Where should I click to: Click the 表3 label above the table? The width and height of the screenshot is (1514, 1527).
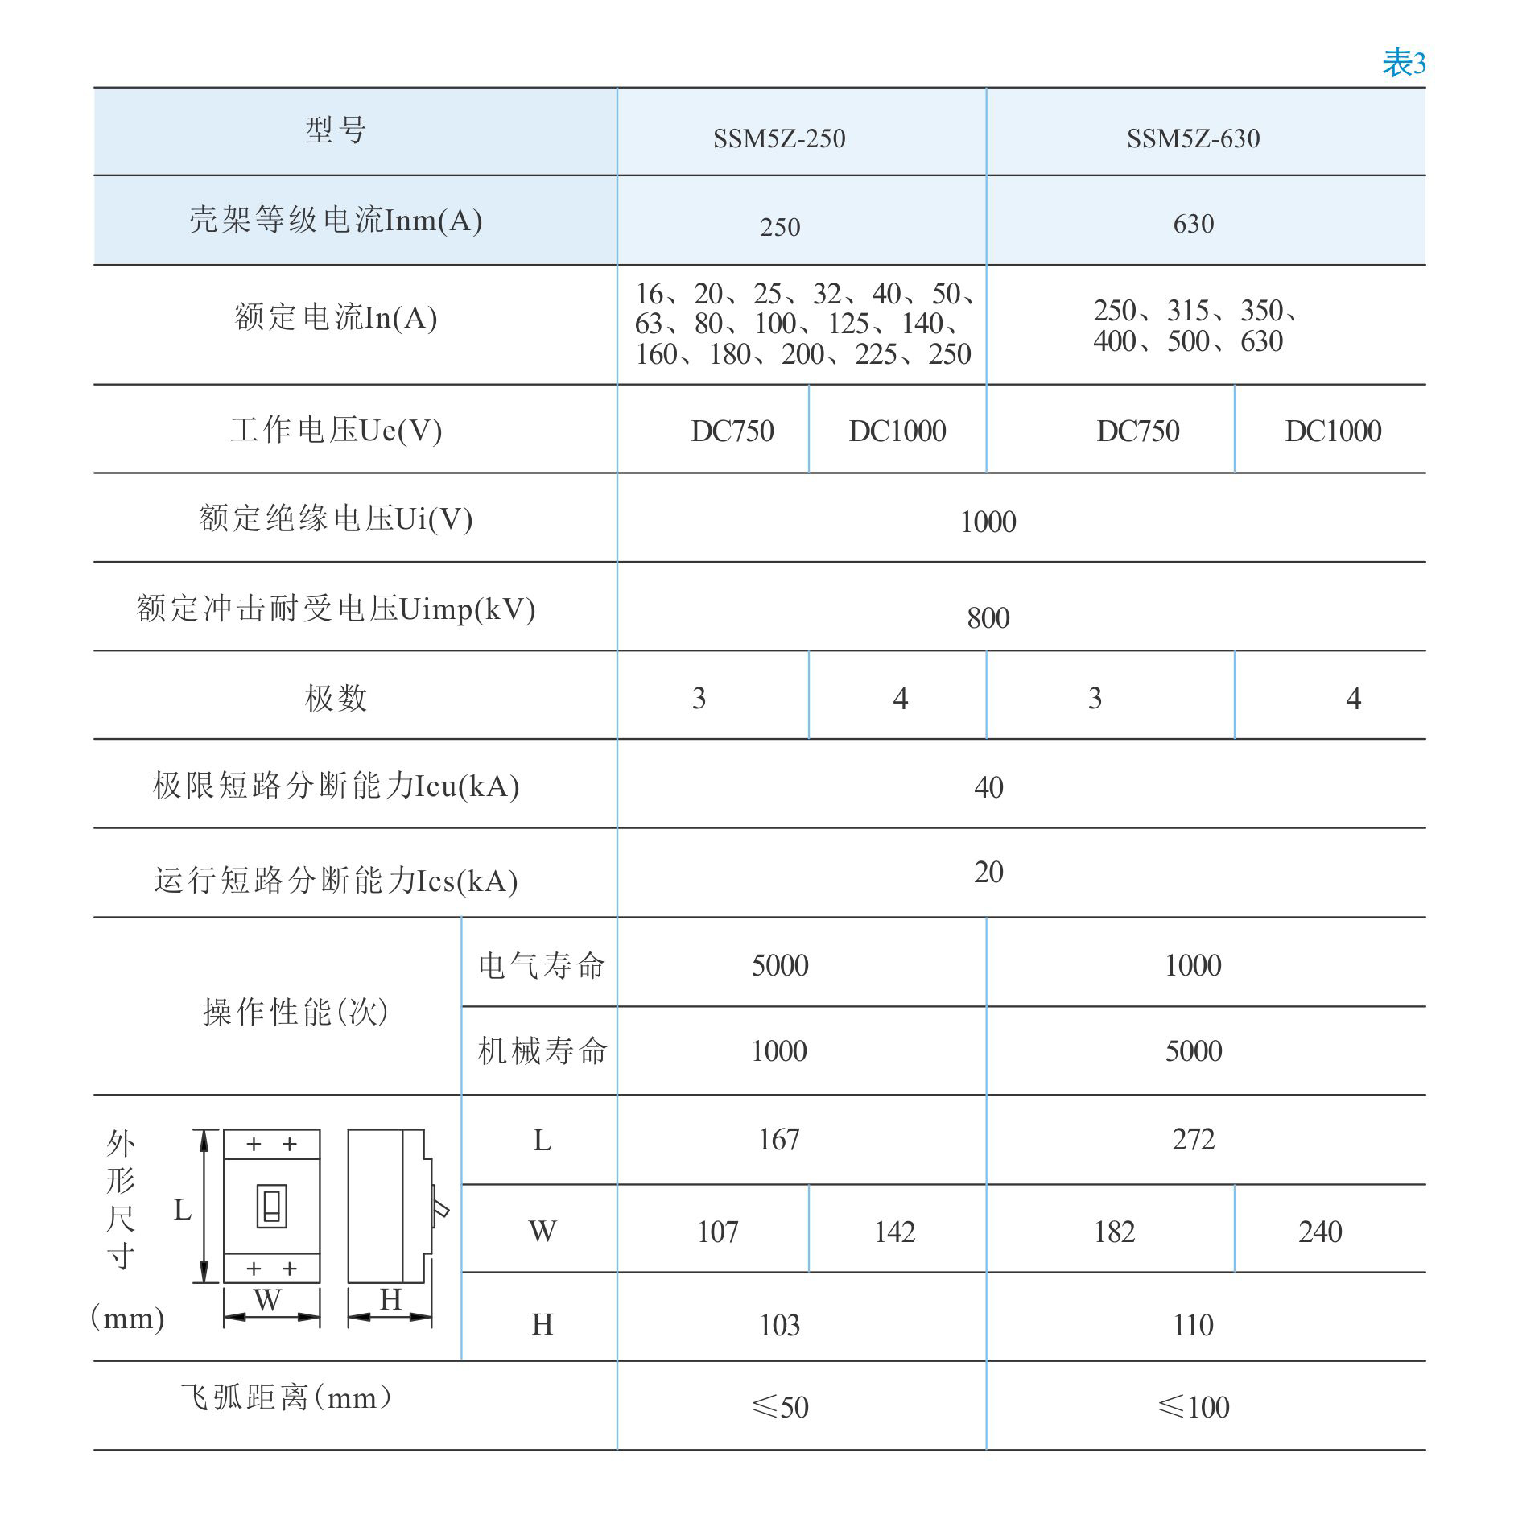[x=1403, y=63]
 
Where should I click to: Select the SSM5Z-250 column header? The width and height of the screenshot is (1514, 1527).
[x=779, y=138]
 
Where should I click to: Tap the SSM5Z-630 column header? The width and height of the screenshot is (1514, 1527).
[x=1193, y=138]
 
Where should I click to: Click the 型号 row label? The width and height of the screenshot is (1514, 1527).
[x=336, y=130]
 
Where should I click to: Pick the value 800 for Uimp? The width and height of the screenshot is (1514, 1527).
[x=988, y=618]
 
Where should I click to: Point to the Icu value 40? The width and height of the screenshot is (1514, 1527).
[x=988, y=787]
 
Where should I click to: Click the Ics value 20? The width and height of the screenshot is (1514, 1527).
[x=988, y=872]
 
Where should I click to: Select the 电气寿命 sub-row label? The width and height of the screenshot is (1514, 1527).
[x=541, y=965]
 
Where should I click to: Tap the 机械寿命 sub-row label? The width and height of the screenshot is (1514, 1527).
[x=542, y=1050]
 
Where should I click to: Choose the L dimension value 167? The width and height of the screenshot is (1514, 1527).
[x=779, y=1140]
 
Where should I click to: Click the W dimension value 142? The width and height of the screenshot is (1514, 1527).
[x=895, y=1232]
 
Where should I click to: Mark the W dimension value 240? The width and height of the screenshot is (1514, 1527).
[x=1320, y=1232]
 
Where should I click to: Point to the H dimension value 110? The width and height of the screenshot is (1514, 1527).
[x=1193, y=1325]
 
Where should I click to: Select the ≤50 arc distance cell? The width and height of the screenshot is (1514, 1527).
[x=779, y=1407]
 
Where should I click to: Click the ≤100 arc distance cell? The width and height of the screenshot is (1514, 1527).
[x=1193, y=1407]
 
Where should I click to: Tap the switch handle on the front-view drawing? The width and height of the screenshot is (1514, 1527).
[x=272, y=1206]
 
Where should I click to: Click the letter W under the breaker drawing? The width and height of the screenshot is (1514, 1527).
[x=267, y=1300]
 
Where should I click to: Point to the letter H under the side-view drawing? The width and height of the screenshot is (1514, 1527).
[x=391, y=1299]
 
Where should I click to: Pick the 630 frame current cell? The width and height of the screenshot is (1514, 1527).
[x=1193, y=224]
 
